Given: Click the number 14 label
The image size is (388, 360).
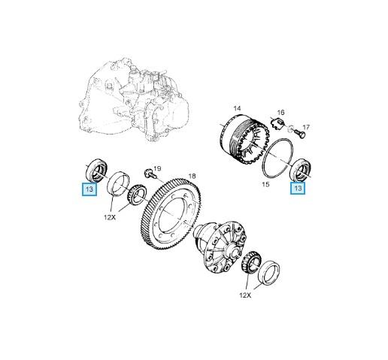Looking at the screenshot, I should (x=237, y=109).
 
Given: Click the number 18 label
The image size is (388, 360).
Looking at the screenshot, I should (x=192, y=176).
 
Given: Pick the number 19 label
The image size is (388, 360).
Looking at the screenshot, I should (x=157, y=168).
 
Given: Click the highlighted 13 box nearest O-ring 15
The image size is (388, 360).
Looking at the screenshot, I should (x=299, y=189).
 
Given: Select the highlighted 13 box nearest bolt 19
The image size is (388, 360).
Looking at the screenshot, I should (x=89, y=190).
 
